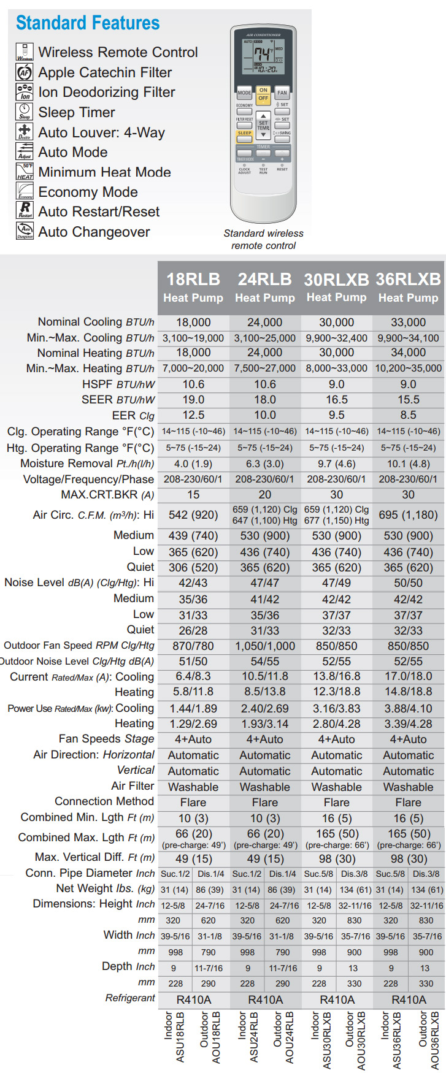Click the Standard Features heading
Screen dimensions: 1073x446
(x=88, y=23)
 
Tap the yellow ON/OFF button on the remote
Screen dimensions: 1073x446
(x=263, y=94)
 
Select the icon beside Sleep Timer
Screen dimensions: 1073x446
(x=25, y=112)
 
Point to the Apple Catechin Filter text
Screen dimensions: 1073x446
(x=105, y=72)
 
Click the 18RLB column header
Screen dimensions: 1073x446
(x=193, y=287)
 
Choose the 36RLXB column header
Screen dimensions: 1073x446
(x=409, y=287)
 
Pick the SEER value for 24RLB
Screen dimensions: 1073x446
(x=265, y=399)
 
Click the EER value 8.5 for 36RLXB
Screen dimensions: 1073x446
(x=409, y=415)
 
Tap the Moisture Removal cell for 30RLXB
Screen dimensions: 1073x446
(x=337, y=464)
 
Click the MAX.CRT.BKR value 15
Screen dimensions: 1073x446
(x=193, y=495)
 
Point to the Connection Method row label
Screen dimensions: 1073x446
(x=104, y=801)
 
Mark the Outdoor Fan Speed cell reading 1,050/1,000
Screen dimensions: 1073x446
(x=265, y=646)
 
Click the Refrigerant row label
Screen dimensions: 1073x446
(x=130, y=998)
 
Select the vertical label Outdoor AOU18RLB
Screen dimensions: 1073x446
(x=210, y=1036)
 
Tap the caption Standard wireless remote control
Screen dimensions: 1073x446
(x=264, y=239)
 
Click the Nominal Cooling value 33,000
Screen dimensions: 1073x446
(x=409, y=322)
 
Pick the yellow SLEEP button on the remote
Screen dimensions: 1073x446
(x=245, y=134)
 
